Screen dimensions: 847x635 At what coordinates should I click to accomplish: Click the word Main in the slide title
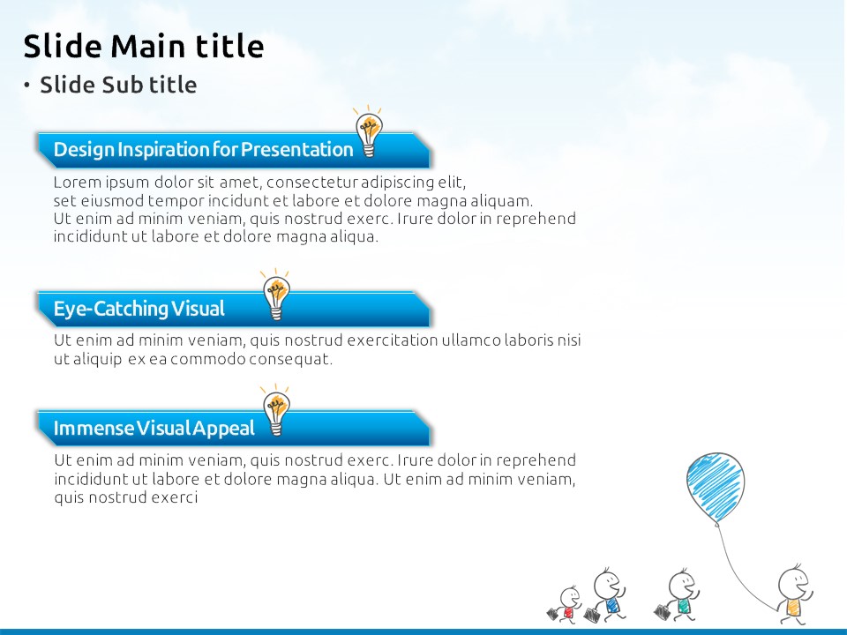click(147, 45)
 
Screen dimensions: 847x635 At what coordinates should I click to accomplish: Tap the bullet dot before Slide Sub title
click(26, 85)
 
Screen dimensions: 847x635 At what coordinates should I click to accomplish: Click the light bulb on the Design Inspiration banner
click(369, 131)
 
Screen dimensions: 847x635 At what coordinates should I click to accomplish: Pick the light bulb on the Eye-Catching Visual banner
click(276, 295)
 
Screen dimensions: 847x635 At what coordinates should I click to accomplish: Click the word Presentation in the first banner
click(296, 149)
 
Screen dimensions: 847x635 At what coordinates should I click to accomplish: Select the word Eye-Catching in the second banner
click(111, 309)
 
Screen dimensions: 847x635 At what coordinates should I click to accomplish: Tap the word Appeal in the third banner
click(223, 429)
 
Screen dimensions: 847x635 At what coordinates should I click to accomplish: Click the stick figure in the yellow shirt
click(793, 594)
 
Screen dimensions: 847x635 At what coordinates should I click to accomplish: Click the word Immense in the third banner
click(94, 429)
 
